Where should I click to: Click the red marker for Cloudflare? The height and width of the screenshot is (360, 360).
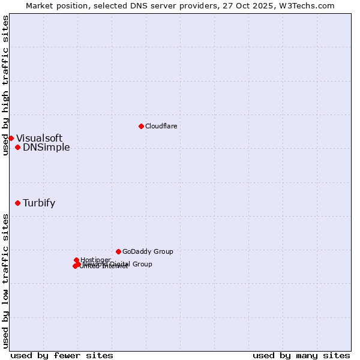[x=141, y=126]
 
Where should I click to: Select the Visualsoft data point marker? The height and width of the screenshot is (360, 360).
[x=11, y=139]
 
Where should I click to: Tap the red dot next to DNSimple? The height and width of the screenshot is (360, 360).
[x=17, y=148]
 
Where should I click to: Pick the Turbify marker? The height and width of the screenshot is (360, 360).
[x=17, y=203]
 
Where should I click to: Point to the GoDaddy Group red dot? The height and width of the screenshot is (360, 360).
[x=118, y=251]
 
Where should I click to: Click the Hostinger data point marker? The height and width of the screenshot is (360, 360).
[x=76, y=260]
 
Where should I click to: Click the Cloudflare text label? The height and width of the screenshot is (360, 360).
[x=161, y=126]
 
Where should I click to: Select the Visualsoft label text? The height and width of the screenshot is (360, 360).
[x=39, y=139]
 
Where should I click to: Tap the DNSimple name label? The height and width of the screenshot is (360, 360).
[x=46, y=148]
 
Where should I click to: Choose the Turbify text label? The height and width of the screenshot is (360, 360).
[x=39, y=203]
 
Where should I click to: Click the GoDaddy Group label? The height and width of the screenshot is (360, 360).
[x=148, y=251]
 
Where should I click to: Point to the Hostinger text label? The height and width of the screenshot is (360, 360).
[x=96, y=260]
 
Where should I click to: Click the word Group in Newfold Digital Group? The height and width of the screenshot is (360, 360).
[x=142, y=264]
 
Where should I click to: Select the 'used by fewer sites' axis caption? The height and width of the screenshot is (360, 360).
[x=62, y=355]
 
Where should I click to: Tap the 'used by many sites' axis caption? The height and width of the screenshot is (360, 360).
[x=301, y=355]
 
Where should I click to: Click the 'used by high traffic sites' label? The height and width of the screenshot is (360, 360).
[x=5, y=85]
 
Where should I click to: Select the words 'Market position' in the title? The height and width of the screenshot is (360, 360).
[x=55, y=5]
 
